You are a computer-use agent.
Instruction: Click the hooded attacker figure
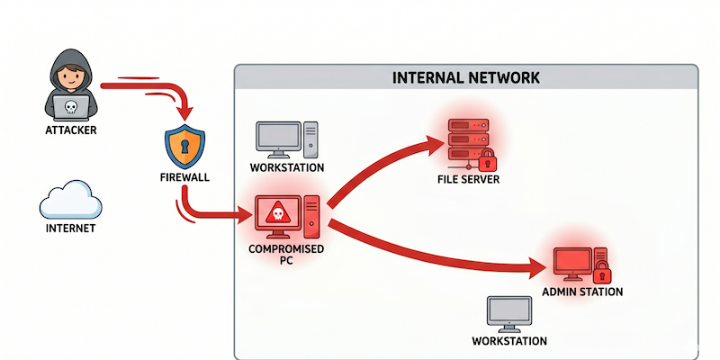[71, 85]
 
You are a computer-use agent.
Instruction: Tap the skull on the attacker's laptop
[70, 106]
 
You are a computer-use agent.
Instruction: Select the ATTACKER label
[71, 130]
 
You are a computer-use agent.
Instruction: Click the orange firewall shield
[185, 146]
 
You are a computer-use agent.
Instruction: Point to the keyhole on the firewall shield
[185, 146]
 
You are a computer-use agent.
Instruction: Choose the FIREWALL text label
[185, 177]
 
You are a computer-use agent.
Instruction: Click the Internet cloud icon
[71, 200]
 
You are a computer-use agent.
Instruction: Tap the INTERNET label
[71, 229]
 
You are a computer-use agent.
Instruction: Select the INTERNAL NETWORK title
[466, 78]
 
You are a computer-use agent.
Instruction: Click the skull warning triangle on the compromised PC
[277, 212]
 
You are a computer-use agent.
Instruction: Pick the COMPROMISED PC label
[286, 255]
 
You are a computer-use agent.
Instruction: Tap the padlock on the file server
[487, 159]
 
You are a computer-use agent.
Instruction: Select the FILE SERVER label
[468, 179]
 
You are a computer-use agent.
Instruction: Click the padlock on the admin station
[602, 273]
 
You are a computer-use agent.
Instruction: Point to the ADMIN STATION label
[582, 292]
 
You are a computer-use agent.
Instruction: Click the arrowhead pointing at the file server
[434, 144]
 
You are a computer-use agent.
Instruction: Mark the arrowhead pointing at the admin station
[535, 267]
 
